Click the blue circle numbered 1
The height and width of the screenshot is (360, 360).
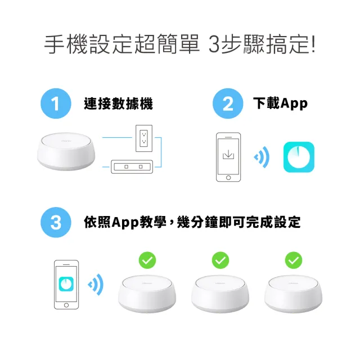(x=55, y=104)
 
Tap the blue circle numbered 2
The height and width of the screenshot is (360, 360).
(x=228, y=104)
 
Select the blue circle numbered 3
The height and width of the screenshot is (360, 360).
(x=55, y=222)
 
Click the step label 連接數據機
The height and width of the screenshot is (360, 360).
(x=118, y=104)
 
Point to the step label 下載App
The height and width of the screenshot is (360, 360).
(x=281, y=104)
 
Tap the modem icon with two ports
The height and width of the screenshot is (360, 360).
(x=132, y=166)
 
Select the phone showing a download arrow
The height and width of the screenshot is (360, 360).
(x=228, y=157)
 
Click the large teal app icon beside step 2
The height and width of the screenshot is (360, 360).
(x=299, y=157)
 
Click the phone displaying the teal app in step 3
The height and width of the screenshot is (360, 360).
(x=66, y=284)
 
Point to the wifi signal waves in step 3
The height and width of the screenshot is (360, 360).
(x=96, y=284)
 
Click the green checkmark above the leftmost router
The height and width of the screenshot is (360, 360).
(x=147, y=260)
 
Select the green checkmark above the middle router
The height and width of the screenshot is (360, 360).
(x=220, y=260)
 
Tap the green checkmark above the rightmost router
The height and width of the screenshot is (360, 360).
(x=293, y=260)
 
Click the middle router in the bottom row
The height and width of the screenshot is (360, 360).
(x=220, y=294)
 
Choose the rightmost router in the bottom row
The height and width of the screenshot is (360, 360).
(x=293, y=294)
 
